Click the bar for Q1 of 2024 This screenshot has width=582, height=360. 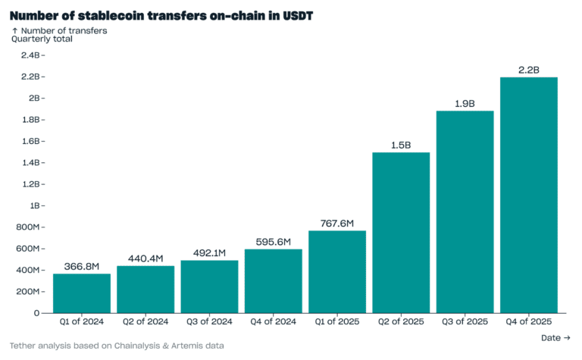coord(82,293)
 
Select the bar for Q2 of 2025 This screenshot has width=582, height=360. coord(401,233)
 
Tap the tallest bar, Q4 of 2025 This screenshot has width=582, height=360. coord(529,195)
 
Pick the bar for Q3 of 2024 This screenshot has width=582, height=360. coord(209,286)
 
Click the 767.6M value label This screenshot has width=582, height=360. coord(337,223)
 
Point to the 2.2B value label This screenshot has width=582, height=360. coord(529,70)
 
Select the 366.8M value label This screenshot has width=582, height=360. coord(82,266)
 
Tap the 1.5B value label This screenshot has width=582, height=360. coord(401,145)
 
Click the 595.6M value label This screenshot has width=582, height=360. coord(274,242)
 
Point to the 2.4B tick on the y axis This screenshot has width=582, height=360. coord(30,55)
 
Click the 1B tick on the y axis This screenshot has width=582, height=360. coord(35,205)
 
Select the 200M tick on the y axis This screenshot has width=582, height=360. coord(28,292)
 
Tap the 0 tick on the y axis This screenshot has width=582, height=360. coord(36,313)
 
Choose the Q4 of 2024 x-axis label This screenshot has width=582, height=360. coord(274,322)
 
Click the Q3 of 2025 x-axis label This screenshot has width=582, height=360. coord(465,322)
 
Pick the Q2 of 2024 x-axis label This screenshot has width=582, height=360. coord(145,322)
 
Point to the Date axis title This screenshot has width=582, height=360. coord(556,338)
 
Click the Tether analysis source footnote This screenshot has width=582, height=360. coord(117,346)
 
